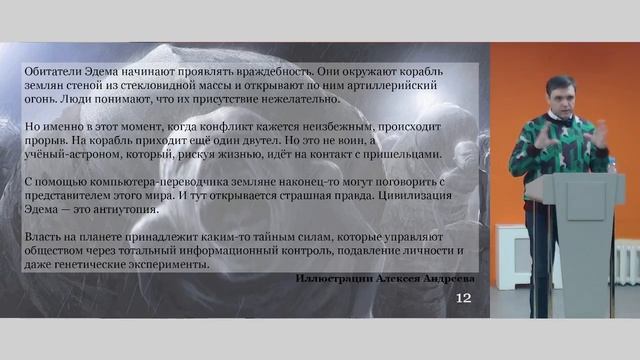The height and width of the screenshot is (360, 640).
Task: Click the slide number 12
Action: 463,298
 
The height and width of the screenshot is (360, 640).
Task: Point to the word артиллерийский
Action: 394,86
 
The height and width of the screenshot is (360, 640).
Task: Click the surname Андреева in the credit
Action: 445,279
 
